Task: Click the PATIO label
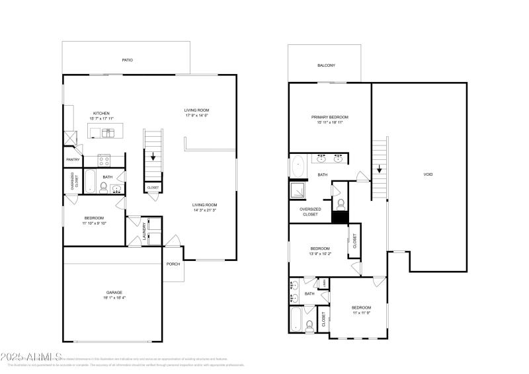pos(127,60)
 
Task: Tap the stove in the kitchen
pos(104,159)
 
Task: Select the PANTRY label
pos(73,159)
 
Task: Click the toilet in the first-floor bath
pos(103,189)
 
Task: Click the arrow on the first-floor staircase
pos(153,157)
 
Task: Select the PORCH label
pos(173,264)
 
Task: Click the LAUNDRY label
pos(145,231)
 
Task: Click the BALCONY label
pos(326,65)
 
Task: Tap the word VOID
pos(428,174)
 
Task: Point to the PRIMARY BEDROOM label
pos(329,117)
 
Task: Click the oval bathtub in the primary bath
pos(297,165)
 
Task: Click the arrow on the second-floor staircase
pos(380,168)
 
